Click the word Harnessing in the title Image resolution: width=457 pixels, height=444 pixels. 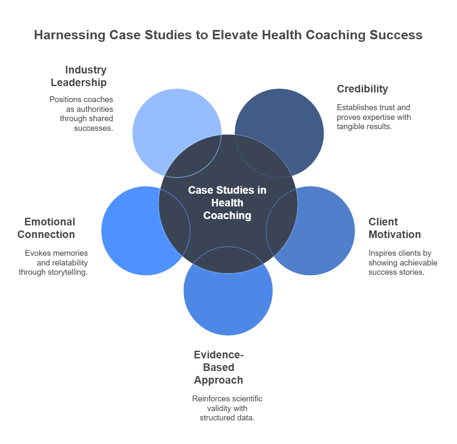(x=70, y=35)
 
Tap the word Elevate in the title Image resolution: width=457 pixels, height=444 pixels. (x=242, y=35)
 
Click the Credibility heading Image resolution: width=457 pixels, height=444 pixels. (x=362, y=89)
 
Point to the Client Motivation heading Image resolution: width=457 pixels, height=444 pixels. (x=395, y=228)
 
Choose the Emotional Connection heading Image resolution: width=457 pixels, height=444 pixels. (x=46, y=228)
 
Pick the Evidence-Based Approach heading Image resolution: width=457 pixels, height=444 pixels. (x=219, y=367)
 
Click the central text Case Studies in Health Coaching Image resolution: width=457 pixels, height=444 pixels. (x=227, y=203)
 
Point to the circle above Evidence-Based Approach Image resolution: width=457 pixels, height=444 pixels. (x=228, y=304)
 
